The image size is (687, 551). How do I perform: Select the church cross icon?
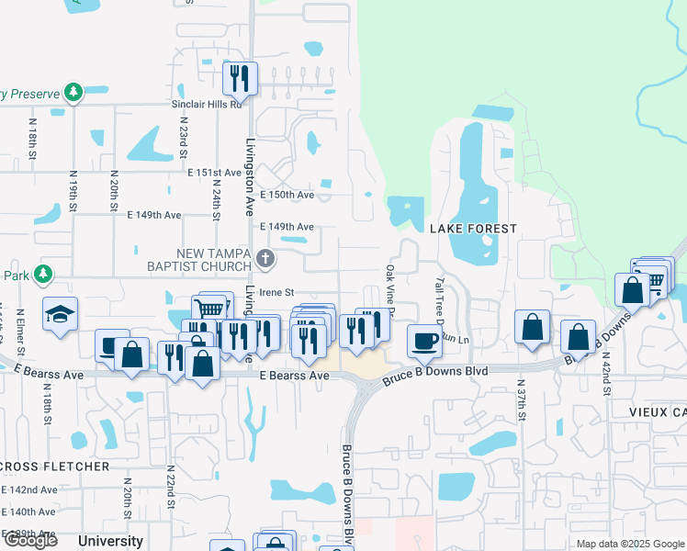pos(266,259)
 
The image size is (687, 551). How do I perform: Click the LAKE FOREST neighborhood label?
pos(474,228)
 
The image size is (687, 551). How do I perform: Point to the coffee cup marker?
pos(423,340)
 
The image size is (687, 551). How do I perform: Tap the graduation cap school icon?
pos(61,314)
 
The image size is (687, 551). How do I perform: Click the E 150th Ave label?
pos(287,195)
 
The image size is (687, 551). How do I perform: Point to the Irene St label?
pos(275,291)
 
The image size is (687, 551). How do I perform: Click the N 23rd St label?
pos(184,135)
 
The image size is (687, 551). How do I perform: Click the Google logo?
pos(30,540)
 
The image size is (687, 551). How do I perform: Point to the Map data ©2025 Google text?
pos(629,544)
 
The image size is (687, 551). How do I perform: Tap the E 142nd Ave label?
pos(30,489)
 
